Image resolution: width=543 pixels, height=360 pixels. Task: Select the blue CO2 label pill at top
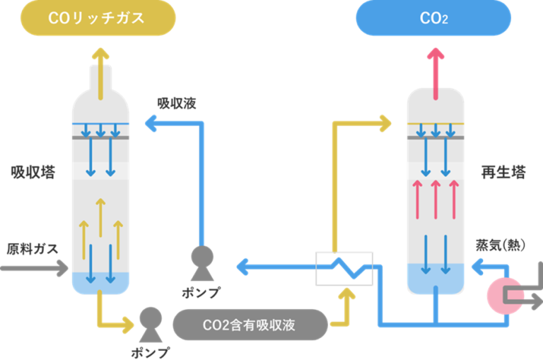click(433, 18)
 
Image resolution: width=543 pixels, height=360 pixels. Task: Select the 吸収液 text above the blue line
click(176, 103)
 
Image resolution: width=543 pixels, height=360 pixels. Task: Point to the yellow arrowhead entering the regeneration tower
click(385, 123)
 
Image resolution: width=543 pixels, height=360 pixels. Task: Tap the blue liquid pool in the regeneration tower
click(436, 279)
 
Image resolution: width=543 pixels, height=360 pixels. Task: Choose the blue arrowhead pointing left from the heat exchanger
click(241, 267)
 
